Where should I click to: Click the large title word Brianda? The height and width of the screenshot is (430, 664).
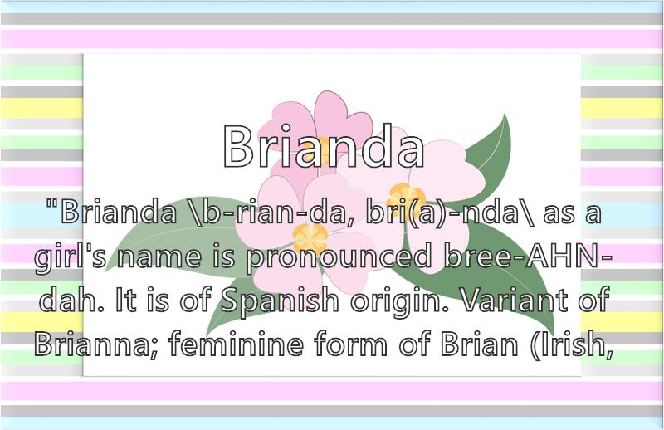(324, 147)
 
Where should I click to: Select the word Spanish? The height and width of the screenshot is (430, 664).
(281, 301)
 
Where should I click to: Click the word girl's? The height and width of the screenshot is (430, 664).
(71, 257)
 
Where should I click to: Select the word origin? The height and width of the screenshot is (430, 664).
(399, 301)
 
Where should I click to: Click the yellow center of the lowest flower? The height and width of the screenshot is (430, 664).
(310, 238)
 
